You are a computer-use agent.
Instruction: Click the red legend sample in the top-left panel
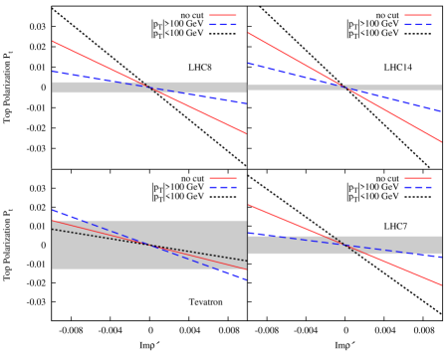pos(223,15)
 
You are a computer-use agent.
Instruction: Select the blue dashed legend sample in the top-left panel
pos(223,24)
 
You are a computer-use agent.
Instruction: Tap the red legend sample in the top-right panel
pos(418,15)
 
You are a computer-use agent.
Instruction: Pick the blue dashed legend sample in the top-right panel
pos(418,24)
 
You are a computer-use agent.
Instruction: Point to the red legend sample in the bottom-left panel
pos(223,178)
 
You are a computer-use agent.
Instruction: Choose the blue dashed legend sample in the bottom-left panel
pos(223,187)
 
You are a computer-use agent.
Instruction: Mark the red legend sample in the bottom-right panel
pos(418,178)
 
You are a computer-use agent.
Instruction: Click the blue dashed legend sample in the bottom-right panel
pos(418,187)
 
